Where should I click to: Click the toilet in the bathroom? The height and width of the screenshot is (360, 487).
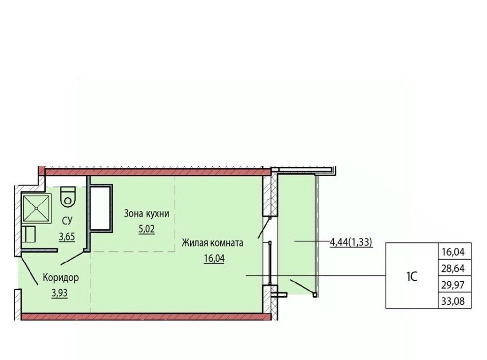[68, 196]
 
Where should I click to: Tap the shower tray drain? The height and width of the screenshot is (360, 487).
[37, 208]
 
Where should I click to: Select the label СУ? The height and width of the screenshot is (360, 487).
[67, 221]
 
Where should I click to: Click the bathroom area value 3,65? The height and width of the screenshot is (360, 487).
[67, 237]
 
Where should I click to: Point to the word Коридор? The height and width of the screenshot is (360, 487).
[60, 277]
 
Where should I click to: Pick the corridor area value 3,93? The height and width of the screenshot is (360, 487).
[60, 293]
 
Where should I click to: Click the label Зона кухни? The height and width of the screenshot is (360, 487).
[147, 213]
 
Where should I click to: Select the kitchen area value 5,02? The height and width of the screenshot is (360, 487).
[147, 229]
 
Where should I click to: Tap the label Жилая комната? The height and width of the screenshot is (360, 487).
[213, 243]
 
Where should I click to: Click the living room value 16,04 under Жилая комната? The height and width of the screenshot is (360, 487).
[214, 258]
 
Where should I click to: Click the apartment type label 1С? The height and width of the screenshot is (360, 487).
[411, 276]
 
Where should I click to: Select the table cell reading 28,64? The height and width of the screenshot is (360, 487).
[453, 268]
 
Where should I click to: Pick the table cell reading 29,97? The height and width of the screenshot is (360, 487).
[453, 284]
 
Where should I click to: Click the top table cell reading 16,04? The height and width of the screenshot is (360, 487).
[453, 251]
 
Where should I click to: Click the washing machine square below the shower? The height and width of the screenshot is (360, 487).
[29, 234]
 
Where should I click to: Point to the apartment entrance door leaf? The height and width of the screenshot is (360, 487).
[29, 269]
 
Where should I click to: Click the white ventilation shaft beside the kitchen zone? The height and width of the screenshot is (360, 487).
[100, 208]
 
